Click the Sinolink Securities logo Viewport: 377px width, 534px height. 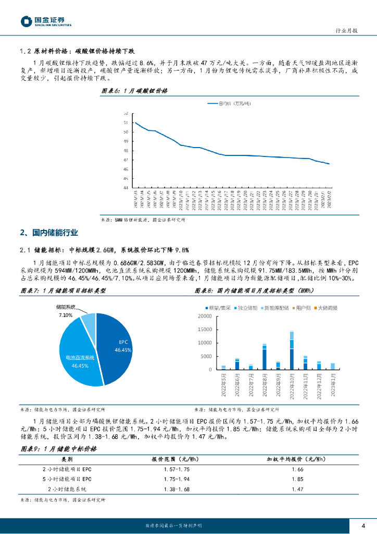46,21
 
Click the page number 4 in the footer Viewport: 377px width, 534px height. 363,525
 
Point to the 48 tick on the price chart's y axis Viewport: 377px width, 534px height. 125,151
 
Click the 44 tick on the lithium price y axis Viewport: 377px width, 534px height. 125,188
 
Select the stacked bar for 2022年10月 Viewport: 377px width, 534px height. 292,350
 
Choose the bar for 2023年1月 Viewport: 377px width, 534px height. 333,366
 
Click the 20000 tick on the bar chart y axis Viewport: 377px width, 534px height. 205,317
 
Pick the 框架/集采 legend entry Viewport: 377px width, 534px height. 219,308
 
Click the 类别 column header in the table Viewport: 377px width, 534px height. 67,459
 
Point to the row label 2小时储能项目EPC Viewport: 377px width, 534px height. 67,469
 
